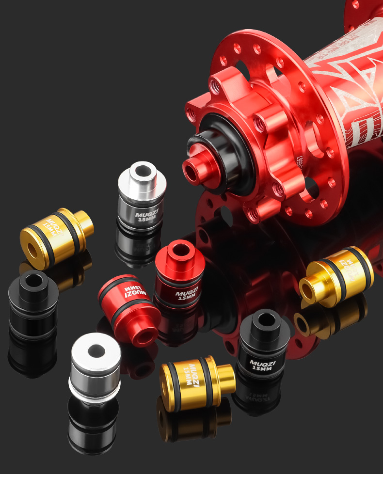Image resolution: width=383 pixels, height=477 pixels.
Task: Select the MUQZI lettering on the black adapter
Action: tap(262, 362)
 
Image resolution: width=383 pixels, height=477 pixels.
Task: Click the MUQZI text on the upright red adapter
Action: tap(187, 293)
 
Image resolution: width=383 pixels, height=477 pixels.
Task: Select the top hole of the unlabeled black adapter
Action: tap(32, 280)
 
